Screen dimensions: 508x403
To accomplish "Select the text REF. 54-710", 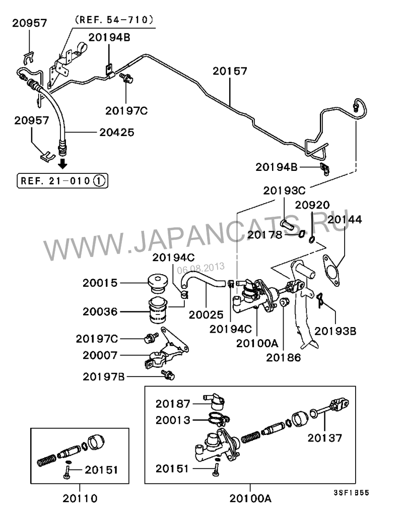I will (x=113, y=20).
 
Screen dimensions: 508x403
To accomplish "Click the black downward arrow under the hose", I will (x=63, y=164).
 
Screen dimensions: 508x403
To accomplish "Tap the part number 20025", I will (x=207, y=315).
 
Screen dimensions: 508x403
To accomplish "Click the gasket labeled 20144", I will (x=331, y=267).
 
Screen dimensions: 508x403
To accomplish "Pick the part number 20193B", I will (x=335, y=331).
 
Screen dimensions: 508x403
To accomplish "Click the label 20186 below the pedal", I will (x=284, y=358).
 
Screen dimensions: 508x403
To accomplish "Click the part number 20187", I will (x=173, y=404).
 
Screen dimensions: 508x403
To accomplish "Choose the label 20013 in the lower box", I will (x=173, y=420).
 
